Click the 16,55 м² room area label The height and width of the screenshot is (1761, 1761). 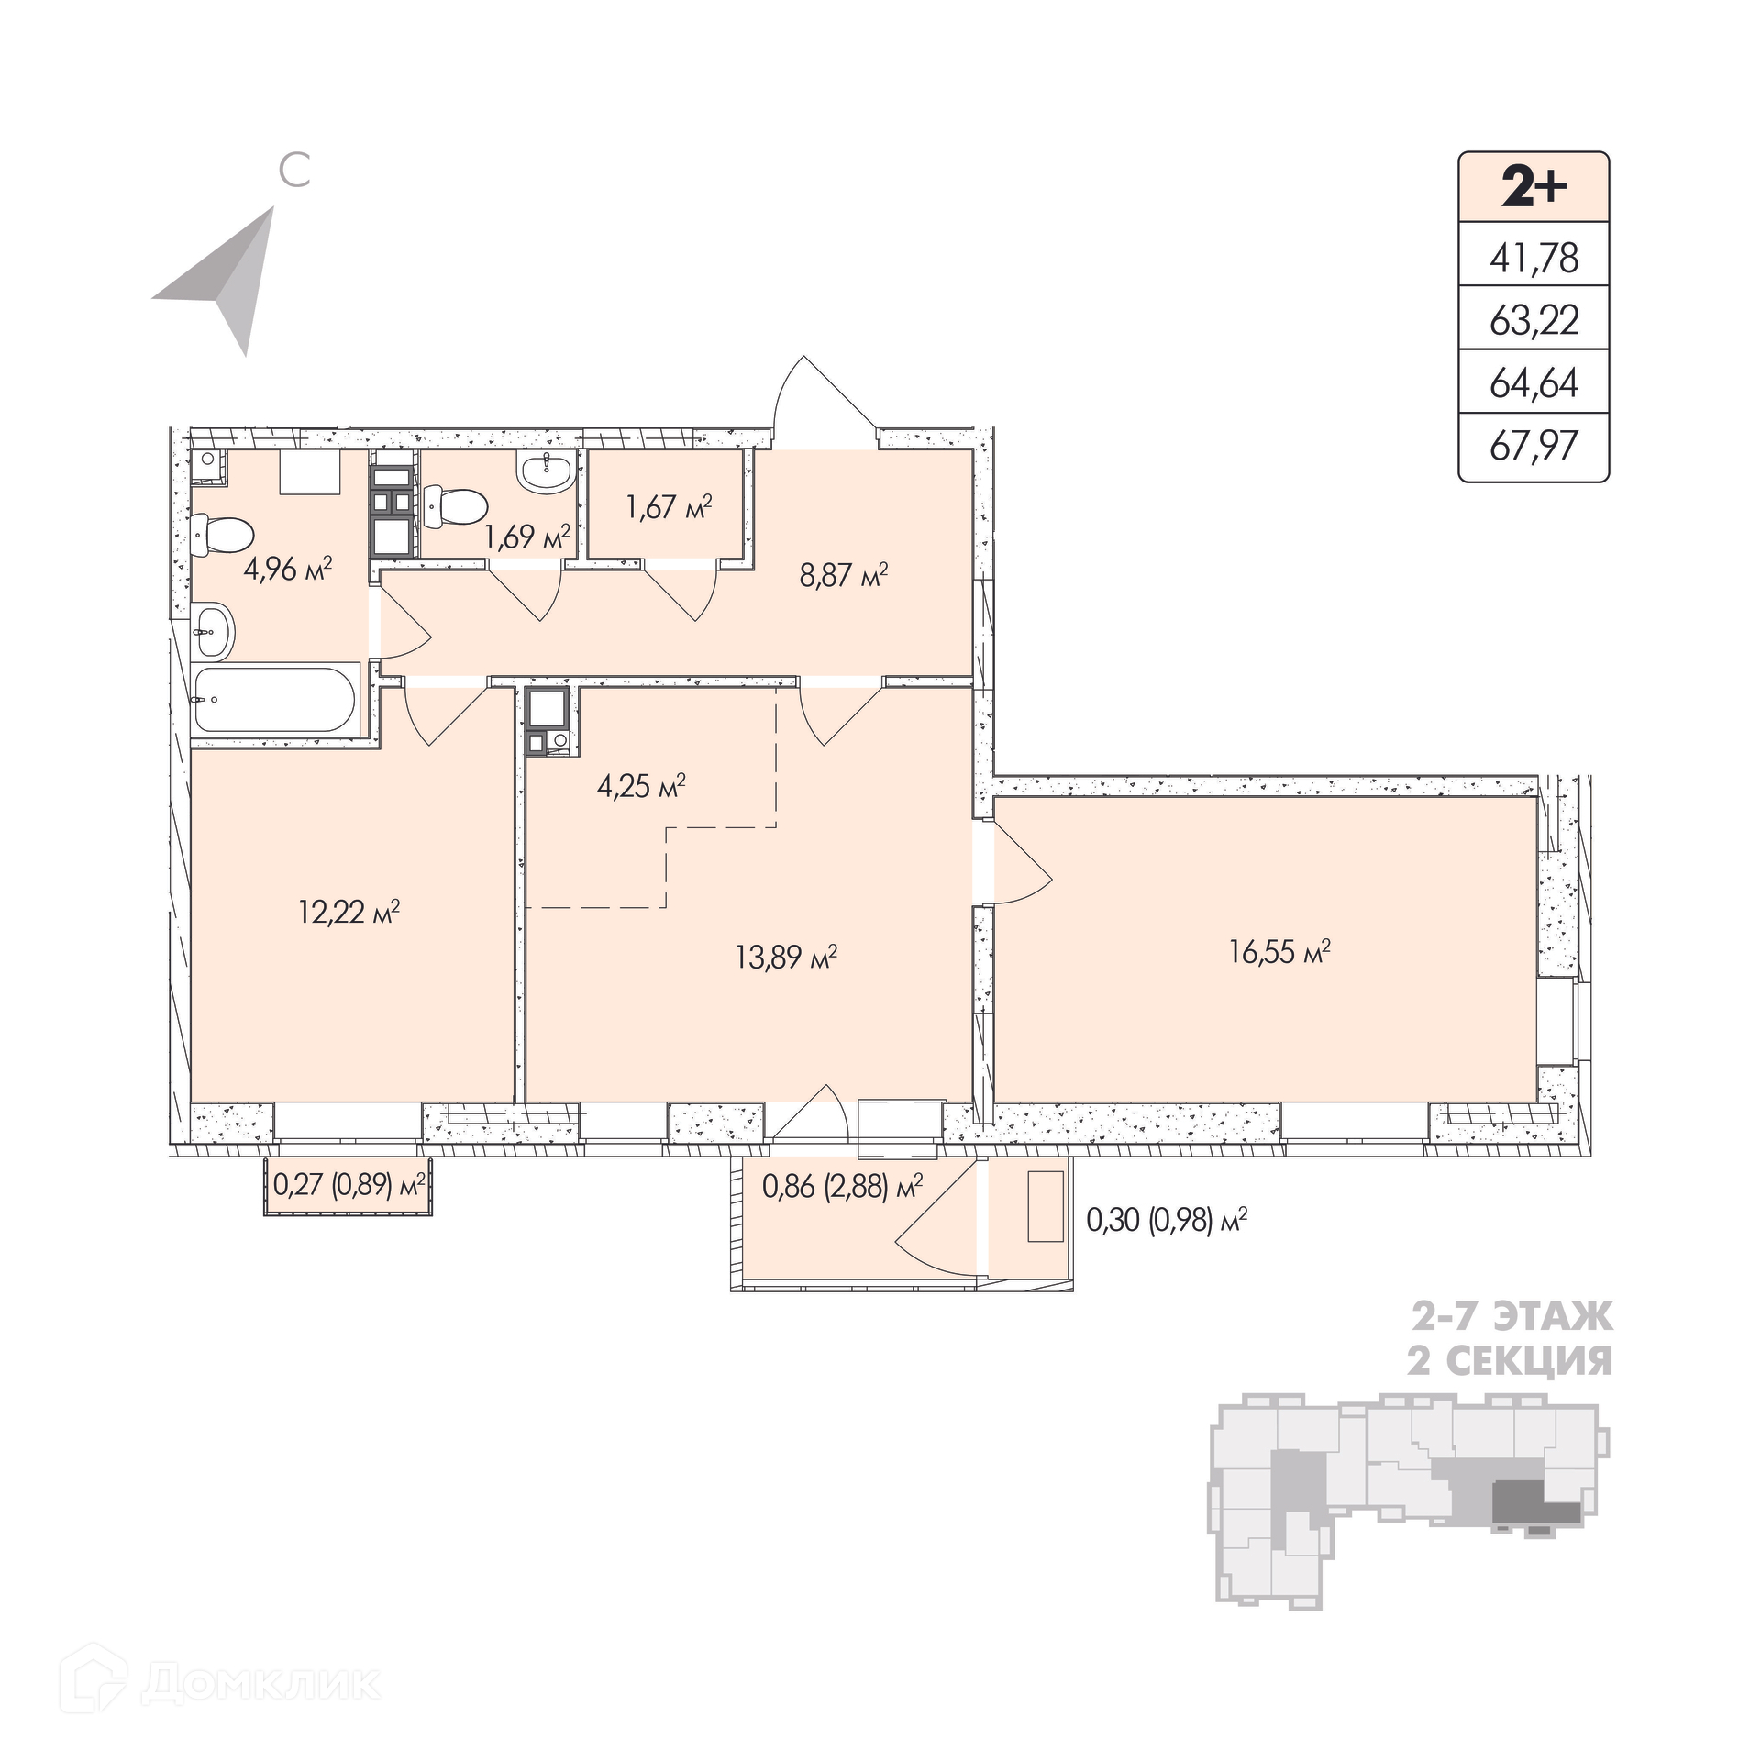pyautogui.click(x=1279, y=952)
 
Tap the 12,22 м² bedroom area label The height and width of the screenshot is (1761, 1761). pyautogui.click(x=349, y=912)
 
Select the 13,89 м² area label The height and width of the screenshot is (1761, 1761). pyautogui.click(x=786, y=958)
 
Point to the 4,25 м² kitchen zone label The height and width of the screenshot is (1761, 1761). pyautogui.click(x=641, y=786)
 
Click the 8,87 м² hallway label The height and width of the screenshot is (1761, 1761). pyautogui.click(x=844, y=576)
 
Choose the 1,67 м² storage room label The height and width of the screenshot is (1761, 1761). pyautogui.click(x=670, y=506)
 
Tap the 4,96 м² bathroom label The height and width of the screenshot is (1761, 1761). pyautogui.click(x=287, y=570)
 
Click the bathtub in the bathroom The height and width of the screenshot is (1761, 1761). pyautogui.click(x=274, y=699)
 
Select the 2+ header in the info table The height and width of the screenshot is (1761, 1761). pyautogui.click(x=1534, y=189)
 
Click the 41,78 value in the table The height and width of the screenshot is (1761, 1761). pyautogui.click(x=1534, y=258)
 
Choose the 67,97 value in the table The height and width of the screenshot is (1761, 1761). pyautogui.click(x=1534, y=446)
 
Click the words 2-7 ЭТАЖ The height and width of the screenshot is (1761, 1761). pyautogui.click(x=1511, y=1317)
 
